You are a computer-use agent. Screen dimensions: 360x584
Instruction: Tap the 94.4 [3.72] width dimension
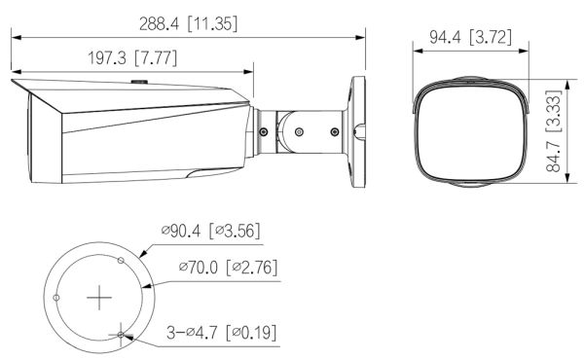[466, 38]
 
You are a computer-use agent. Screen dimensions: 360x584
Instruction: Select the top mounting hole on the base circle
[120, 261]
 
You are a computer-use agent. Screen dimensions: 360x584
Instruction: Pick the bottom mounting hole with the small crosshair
[120, 336]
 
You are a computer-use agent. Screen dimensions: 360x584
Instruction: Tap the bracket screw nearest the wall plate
[337, 127]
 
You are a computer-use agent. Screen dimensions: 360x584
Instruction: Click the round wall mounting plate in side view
[358, 126]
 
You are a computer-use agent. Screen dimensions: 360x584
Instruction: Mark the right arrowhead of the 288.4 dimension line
[363, 38]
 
